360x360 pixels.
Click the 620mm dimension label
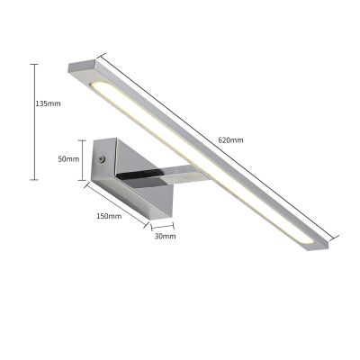point(230,140)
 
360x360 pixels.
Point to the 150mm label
point(108,217)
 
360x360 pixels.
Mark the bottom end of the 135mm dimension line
point(34,180)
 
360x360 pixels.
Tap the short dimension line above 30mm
point(162,226)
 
